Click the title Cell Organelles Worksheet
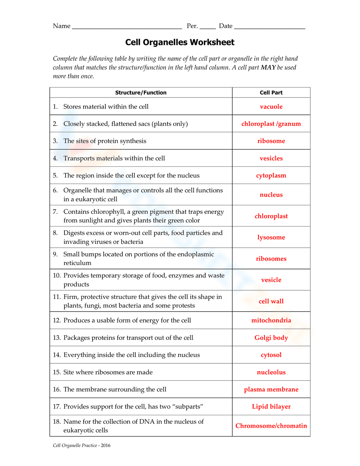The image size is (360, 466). (180, 42)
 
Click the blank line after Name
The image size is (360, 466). (127, 27)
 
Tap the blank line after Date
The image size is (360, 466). (269, 27)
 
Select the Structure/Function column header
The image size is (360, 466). (141, 93)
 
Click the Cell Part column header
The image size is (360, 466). (271, 93)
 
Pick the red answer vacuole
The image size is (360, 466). (271, 107)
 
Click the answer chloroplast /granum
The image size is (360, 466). (271, 124)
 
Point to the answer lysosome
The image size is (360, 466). (271, 237)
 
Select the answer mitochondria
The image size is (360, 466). (271, 321)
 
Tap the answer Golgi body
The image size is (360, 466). (271, 338)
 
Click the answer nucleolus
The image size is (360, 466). (271, 372)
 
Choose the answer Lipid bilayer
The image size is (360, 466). (271, 407)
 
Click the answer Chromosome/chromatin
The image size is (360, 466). (271, 426)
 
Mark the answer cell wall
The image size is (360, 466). (271, 301)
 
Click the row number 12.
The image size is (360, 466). (57, 321)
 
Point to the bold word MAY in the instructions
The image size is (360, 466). (268, 67)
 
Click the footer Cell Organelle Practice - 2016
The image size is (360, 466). (82, 445)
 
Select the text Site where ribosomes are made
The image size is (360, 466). (108, 372)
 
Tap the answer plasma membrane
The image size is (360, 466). (271, 390)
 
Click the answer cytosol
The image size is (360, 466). (271, 355)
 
